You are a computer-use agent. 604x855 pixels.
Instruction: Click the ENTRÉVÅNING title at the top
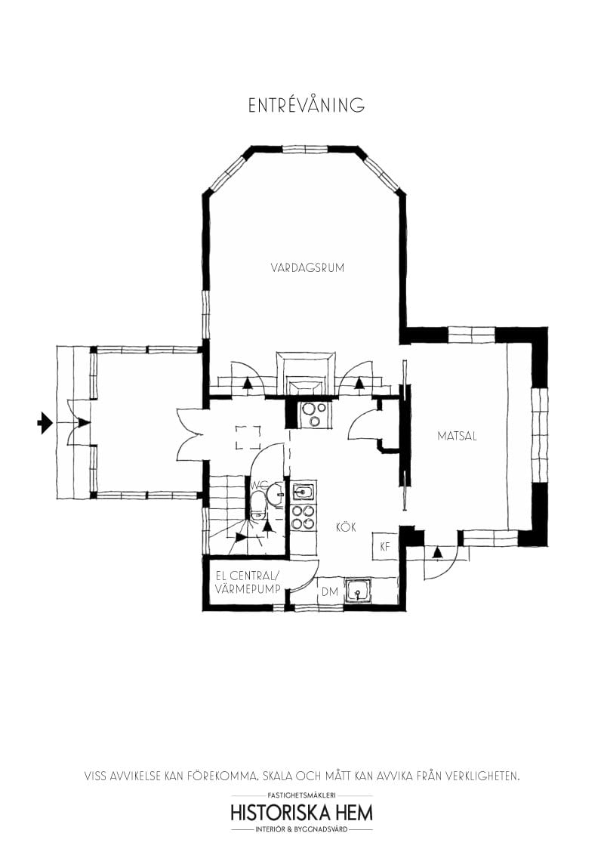307,105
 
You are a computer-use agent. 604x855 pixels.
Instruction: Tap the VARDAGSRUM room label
307,267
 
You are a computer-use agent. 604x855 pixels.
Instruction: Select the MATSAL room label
457,437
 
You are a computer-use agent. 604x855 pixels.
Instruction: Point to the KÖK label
346,526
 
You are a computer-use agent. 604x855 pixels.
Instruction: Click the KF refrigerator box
385,546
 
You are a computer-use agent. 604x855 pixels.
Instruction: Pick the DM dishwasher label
330,591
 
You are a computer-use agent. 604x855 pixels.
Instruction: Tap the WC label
259,485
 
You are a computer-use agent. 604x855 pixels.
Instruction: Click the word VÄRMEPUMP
248,589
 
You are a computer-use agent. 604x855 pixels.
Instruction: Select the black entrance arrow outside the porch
45,423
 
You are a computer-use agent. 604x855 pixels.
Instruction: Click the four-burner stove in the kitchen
303,517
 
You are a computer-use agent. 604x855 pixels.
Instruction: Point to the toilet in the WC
257,505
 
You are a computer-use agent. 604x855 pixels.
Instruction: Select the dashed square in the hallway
248,437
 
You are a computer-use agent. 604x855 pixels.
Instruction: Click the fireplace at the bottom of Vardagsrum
305,373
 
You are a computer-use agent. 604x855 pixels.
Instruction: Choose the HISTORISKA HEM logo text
302,813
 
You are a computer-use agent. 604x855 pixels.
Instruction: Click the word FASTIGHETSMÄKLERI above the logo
302,795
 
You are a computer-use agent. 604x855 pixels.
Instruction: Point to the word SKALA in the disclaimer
278,776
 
